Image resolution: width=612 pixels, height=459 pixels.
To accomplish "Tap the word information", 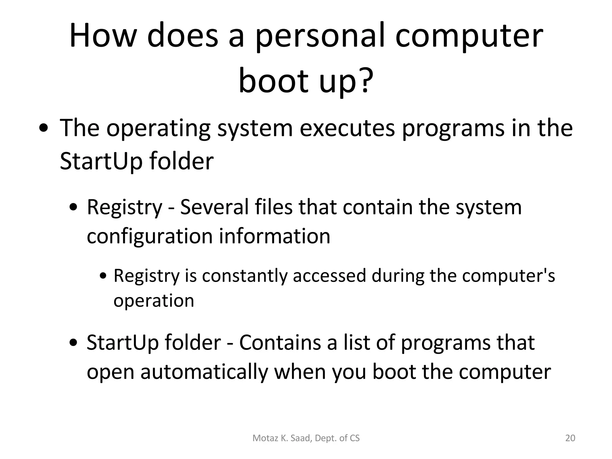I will (275, 236).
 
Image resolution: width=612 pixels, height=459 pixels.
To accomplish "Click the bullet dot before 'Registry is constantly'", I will (103, 276).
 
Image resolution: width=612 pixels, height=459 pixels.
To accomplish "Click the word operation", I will (154, 301).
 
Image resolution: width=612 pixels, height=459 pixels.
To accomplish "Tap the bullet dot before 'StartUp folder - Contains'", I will (73, 343).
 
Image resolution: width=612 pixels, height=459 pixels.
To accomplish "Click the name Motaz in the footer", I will (262, 438).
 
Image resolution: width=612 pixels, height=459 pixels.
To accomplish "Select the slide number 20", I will (570, 438).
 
